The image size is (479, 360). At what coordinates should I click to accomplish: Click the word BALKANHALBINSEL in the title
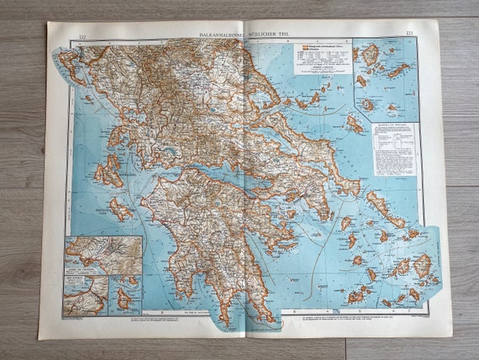click(x=219, y=34)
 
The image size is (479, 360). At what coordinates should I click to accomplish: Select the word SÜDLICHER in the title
click(x=264, y=34)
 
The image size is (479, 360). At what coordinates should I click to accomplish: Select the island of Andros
click(x=377, y=202)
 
